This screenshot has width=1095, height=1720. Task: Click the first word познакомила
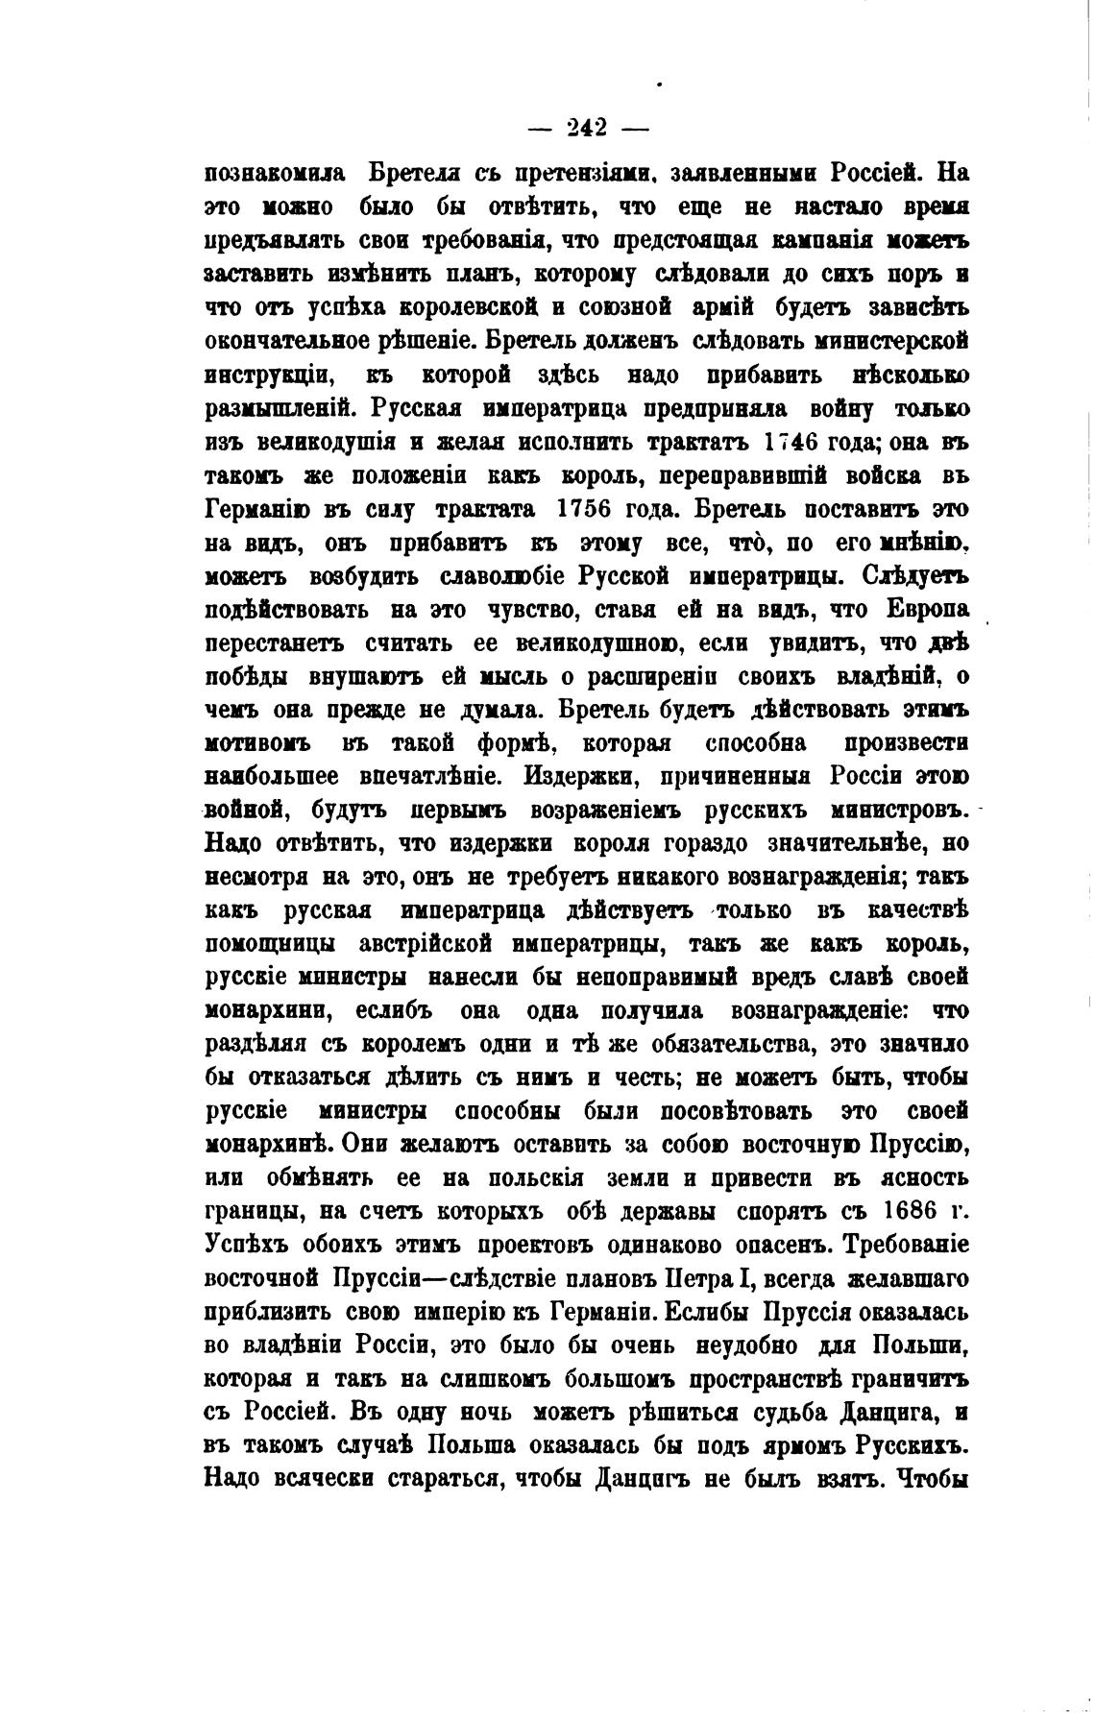275,174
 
